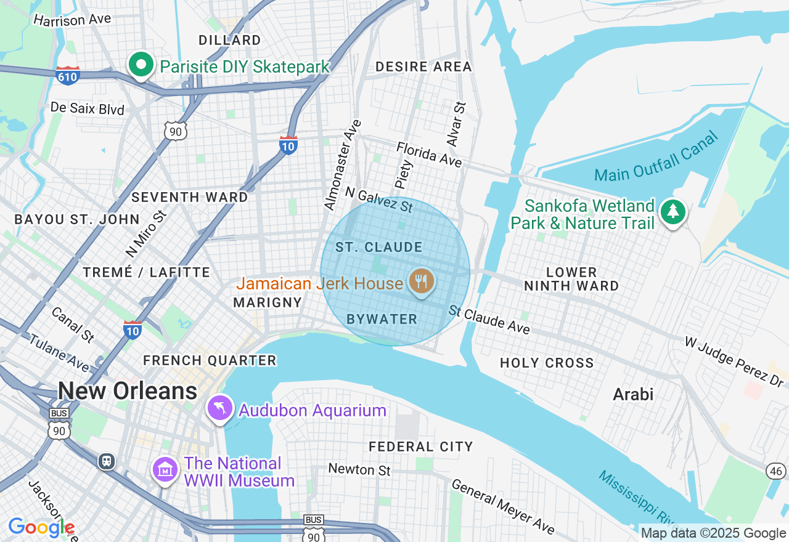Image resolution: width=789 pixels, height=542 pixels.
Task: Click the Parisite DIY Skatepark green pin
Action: coord(141,64)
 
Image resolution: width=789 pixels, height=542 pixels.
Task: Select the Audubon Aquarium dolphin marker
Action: coord(220,408)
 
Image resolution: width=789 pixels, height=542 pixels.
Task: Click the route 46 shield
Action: coord(776,471)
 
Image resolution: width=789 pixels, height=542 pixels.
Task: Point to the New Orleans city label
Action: coord(128,391)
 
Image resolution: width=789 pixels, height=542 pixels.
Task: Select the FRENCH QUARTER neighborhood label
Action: coord(210,360)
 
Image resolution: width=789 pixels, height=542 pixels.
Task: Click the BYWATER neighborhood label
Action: coord(382,319)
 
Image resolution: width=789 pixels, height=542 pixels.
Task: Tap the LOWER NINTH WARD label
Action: coord(571,279)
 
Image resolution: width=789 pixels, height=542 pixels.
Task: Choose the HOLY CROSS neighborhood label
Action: coord(547,363)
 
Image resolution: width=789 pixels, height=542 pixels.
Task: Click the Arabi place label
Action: coord(633,394)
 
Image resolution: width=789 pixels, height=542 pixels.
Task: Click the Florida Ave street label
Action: coord(429,154)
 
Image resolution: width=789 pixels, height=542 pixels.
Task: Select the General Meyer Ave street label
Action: coord(503,506)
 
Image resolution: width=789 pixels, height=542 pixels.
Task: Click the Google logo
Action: coord(41,527)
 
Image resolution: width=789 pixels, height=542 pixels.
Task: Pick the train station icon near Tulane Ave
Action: coord(107,461)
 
